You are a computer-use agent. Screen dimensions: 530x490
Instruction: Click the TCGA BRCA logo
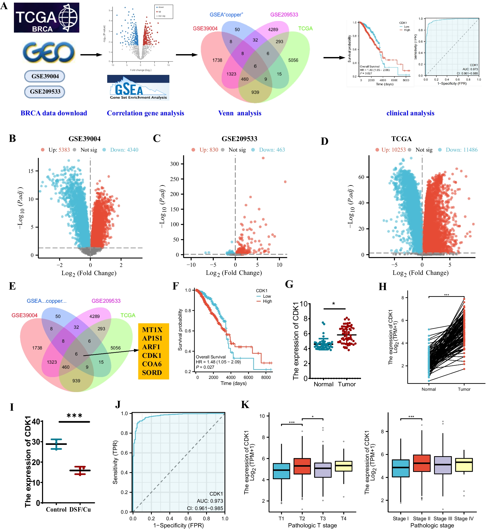(x=46, y=18)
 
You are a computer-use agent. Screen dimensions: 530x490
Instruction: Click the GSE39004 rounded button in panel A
(x=45, y=76)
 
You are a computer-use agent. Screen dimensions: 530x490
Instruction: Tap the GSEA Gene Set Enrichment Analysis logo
(x=138, y=88)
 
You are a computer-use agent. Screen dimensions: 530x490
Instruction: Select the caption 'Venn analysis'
(x=240, y=113)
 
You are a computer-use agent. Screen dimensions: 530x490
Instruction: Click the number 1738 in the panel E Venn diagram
(x=37, y=348)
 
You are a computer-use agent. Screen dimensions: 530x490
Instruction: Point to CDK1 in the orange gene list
(x=152, y=356)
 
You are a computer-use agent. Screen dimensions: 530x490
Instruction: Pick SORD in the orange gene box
(x=152, y=373)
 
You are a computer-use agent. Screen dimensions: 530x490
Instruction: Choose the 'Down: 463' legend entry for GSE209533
(x=272, y=150)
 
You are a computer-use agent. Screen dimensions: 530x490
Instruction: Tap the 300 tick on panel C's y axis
(x=174, y=164)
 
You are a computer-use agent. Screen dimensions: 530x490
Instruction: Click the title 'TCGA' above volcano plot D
(x=402, y=139)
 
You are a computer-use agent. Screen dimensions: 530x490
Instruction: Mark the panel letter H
(x=383, y=287)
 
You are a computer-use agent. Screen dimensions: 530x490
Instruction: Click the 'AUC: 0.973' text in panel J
(x=210, y=501)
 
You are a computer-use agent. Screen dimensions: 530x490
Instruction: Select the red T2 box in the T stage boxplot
(x=302, y=466)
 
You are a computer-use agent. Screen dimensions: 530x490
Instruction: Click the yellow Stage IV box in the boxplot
(x=464, y=465)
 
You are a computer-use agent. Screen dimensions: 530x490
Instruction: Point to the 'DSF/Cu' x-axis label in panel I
(x=80, y=510)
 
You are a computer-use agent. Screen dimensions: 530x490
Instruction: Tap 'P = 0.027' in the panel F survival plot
(x=205, y=367)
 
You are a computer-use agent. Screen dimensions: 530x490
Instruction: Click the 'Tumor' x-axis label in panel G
(x=347, y=384)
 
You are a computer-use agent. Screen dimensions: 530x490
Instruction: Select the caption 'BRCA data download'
(x=54, y=113)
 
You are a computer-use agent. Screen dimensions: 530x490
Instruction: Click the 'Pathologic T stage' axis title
(x=312, y=526)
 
